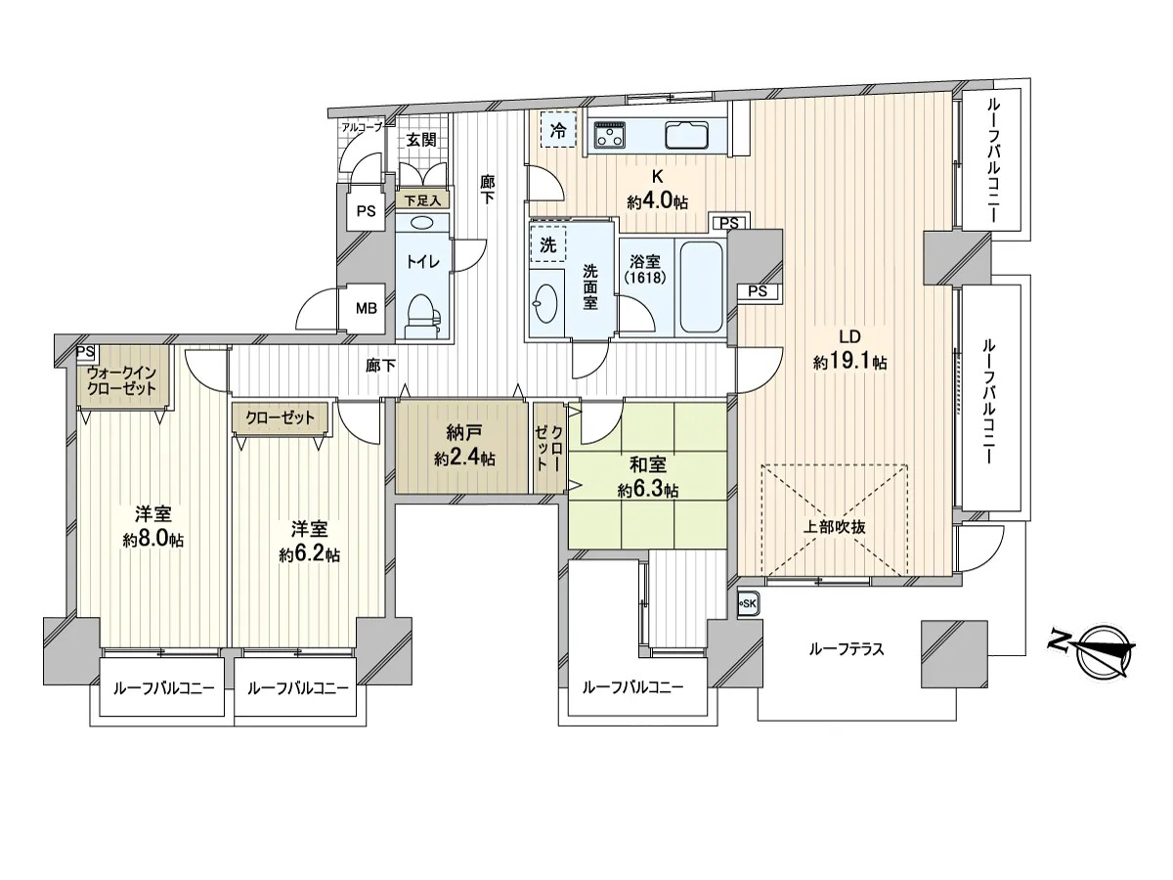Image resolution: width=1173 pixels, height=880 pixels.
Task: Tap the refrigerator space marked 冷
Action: tap(558, 129)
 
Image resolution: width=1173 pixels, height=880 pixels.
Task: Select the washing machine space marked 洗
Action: tap(548, 244)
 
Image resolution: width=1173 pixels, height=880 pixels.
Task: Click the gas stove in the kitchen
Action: tap(610, 135)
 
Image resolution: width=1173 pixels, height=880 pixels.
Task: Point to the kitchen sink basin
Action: tap(686, 136)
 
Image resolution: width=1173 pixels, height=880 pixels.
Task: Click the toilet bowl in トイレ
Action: tap(422, 316)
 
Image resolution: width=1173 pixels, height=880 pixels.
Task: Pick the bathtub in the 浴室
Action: tap(701, 288)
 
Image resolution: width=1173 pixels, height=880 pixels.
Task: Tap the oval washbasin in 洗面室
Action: tap(546, 303)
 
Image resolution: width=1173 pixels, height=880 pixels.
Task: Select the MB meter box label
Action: tap(367, 308)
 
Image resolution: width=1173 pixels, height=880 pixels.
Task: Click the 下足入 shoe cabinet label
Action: tap(422, 200)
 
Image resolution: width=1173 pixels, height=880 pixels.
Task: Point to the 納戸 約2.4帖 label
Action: tap(464, 445)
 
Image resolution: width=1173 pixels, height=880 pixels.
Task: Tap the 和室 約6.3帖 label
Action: tap(648, 477)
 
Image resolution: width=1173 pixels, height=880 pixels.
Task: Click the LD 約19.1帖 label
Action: tap(849, 349)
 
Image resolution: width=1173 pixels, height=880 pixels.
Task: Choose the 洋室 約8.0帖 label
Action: tap(153, 527)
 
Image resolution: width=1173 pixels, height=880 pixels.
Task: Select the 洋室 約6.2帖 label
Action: tap(310, 542)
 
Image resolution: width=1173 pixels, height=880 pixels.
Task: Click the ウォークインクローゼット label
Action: tap(121, 380)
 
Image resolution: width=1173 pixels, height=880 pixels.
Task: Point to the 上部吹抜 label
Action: tap(834, 527)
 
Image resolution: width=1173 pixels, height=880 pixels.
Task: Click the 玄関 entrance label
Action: tap(421, 140)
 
